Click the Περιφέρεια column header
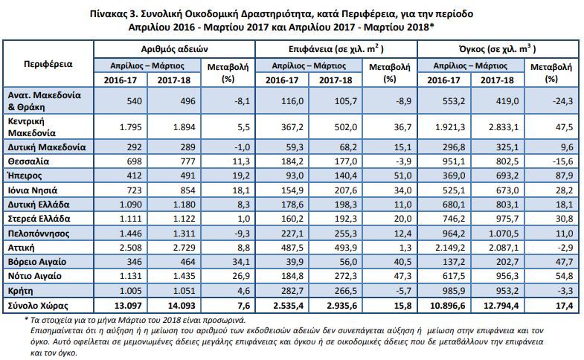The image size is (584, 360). (x=48, y=64)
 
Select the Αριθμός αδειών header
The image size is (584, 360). (x=174, y=49)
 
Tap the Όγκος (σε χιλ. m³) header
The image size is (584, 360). (x=498, y=49)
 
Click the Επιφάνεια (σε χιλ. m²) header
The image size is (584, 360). (x=336, y=49)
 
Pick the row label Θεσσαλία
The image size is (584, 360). (x=28, y=161)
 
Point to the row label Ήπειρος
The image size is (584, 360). (x=25, y=176)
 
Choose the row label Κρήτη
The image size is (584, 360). (x=21, y=291)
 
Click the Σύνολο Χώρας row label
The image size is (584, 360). (x=38, y=306)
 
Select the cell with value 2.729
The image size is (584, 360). (x=184, y=248)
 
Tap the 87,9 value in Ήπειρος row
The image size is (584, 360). (x=564, y=176)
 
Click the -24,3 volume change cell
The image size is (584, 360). (x=562, y=101)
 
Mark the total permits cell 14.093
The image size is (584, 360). (x=182, y=306)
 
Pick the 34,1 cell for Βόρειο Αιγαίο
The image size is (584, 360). (x=241, y=262)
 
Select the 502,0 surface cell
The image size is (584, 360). (x=346, y=127)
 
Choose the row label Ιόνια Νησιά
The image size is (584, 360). (x=33, y=190)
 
